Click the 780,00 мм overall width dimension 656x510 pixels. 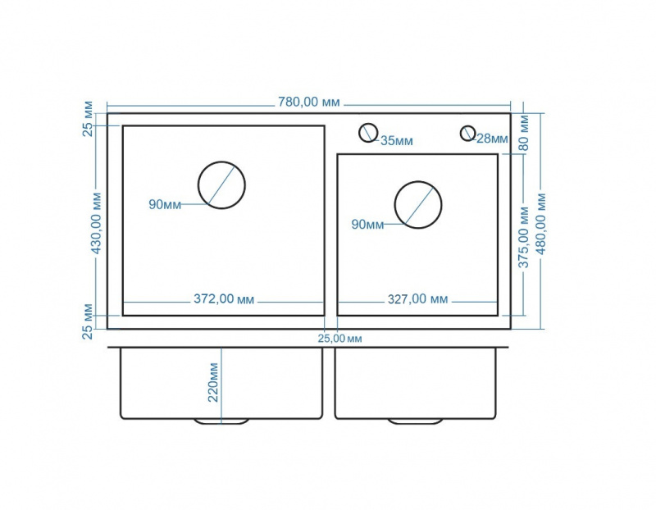[x=309, y=102]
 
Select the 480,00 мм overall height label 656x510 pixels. [x=541, y=224]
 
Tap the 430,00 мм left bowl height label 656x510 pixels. [x=97, y=223]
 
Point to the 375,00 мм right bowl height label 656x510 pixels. [x=524, y=237]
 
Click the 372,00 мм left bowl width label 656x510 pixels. [x=224, y=299]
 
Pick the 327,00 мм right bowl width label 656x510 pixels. [x=417, y=299]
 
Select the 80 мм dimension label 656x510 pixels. [x=524, y=134]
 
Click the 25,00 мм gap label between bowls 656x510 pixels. [x=339, y=339]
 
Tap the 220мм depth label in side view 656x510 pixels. [x=213, y=382]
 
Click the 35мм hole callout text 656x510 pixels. [x=397, y=141]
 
